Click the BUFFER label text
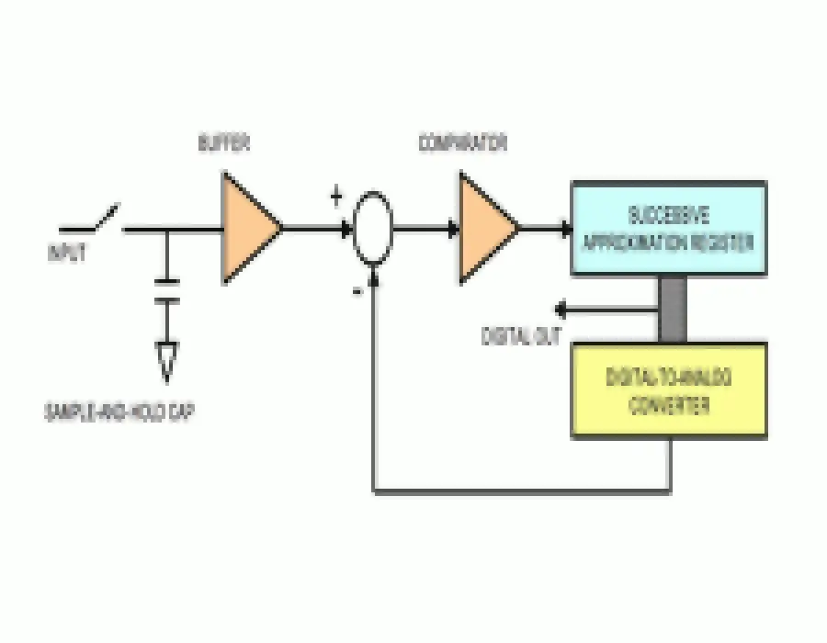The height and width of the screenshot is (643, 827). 223,144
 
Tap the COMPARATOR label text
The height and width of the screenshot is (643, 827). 463,143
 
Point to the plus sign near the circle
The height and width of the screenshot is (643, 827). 336,195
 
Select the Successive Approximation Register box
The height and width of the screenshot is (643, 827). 668,229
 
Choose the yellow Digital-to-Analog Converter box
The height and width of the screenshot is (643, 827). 668,389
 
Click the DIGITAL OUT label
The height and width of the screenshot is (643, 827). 521,336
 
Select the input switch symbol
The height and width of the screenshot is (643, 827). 92,220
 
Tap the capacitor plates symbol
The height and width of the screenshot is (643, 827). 167,290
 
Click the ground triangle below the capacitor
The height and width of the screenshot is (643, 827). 167,361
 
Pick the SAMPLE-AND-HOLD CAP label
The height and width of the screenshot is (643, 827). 119,412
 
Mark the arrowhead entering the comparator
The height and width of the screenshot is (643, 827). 452,229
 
